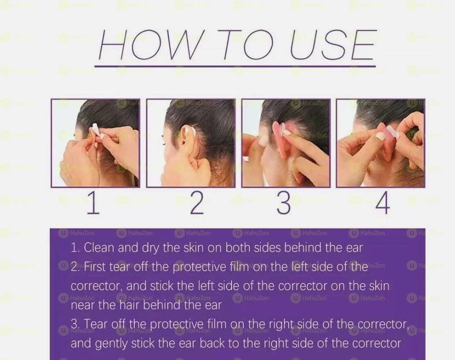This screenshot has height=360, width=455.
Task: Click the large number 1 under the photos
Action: [x=93, y=203]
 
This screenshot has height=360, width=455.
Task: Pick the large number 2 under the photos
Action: [x=197, y=203]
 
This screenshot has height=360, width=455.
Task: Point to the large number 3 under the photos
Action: [x=284, y=203]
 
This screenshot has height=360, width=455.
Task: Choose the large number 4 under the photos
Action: [x=382, y=203]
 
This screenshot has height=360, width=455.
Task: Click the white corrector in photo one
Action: [x=95, y=130]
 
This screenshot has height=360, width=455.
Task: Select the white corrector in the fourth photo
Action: [x=392, y=131]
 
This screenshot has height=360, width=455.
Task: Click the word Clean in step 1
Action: [x=99, y=247]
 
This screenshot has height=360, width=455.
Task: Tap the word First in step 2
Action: [x=95, y=267]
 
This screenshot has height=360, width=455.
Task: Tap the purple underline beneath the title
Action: [x=235, y=66]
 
